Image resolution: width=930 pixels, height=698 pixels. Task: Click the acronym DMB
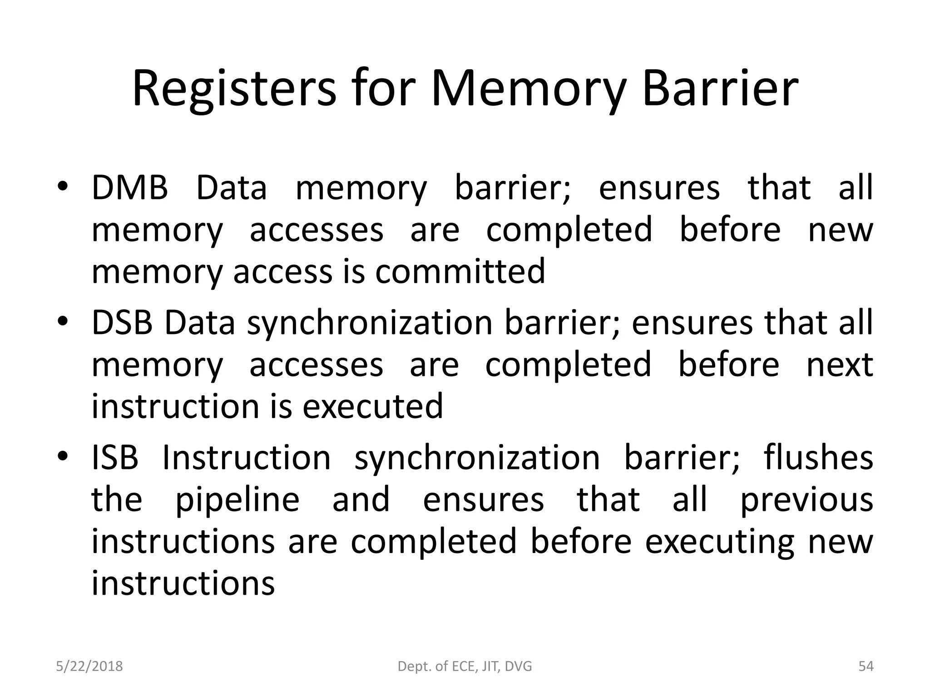click(x=130, y=187)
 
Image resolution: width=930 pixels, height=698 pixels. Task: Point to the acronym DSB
click(x=122, y=322)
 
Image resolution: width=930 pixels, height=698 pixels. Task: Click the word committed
click(x=460, y=271)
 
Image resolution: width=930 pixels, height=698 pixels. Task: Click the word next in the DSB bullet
click(x=840, y=364)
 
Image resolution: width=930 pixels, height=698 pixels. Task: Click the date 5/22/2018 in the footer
click(x=89, y=666)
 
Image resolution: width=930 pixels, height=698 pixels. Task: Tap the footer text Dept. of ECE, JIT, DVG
click(x=465, y=666)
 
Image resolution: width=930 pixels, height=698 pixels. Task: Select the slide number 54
click(x=866, y=666)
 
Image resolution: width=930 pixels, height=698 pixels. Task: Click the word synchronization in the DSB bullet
click(x=370, y=323)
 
